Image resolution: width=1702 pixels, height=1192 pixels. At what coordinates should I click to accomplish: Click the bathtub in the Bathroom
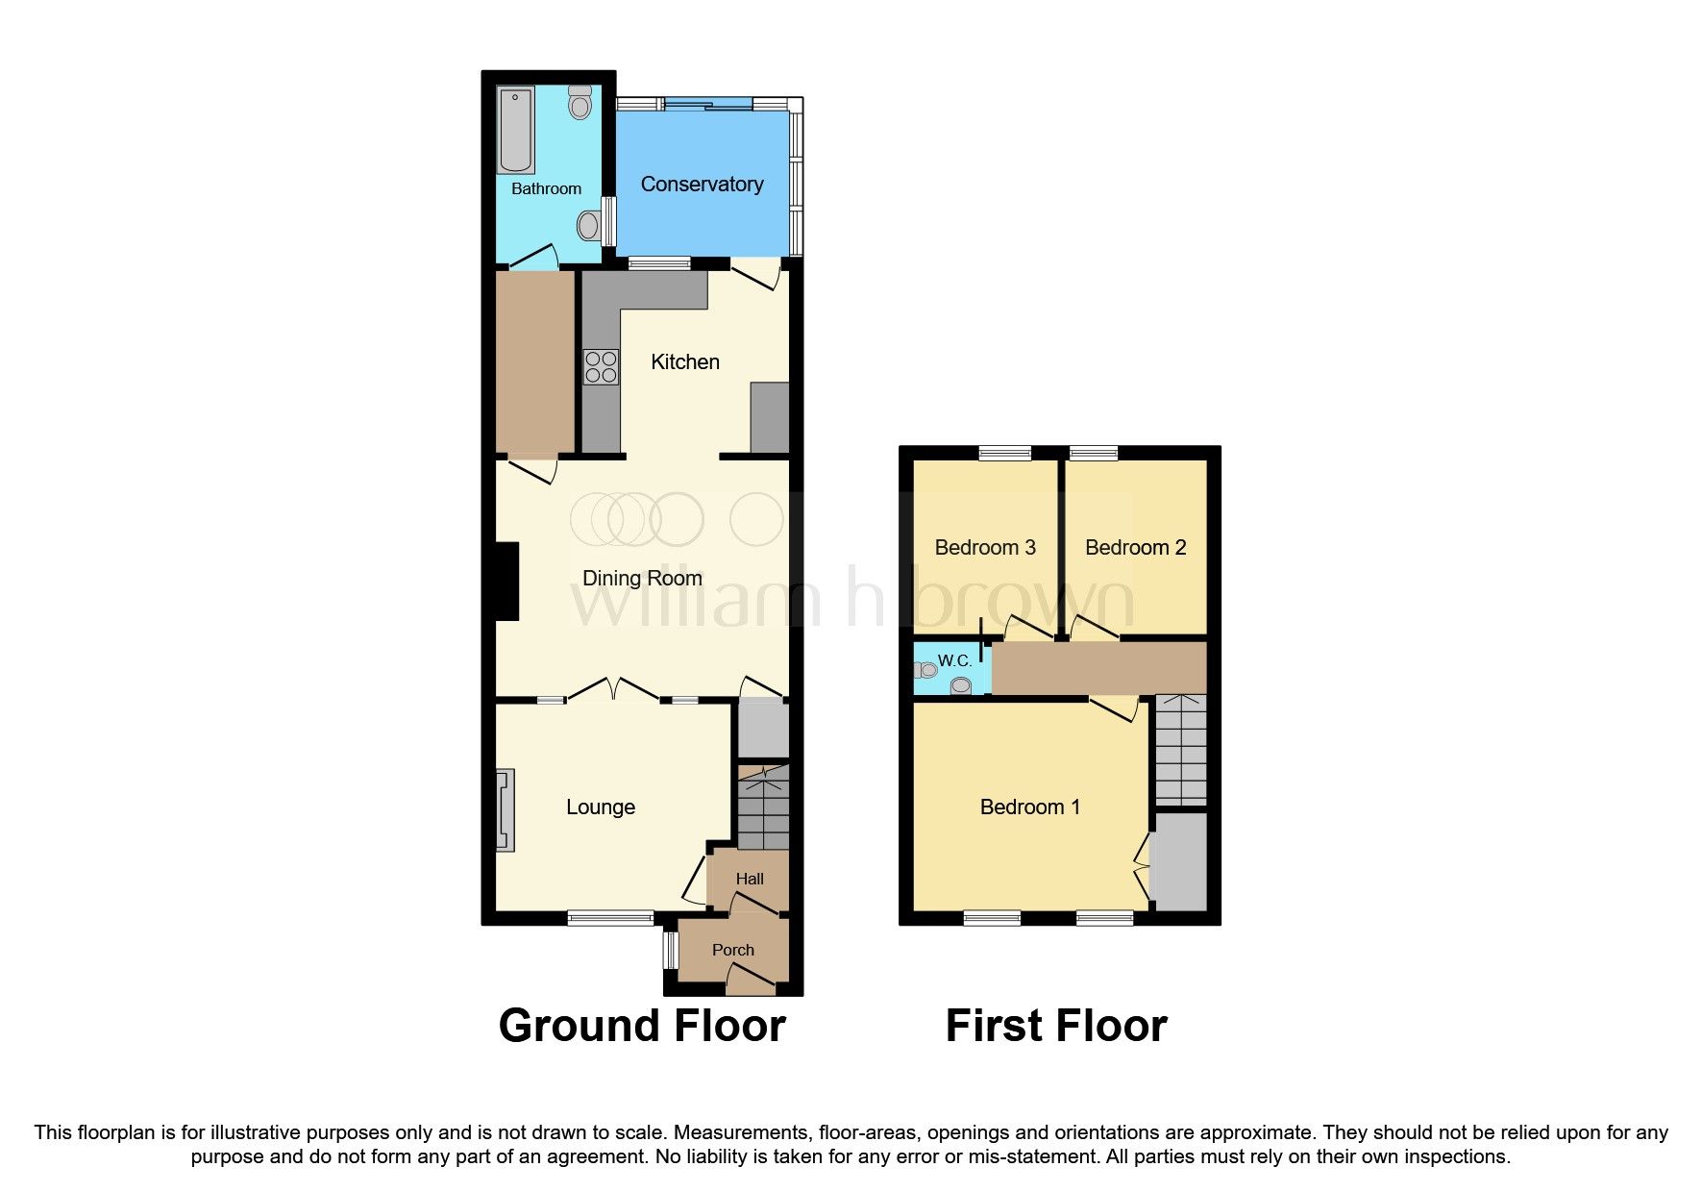(516, 130)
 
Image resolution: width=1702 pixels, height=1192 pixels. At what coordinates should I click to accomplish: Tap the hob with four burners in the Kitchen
(602, 367)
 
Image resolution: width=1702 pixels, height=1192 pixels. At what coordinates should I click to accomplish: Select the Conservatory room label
(702, 185)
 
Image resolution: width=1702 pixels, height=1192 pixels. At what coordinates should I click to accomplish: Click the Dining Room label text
(642, 579)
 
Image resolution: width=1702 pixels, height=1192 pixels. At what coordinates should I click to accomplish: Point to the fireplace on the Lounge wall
(505, 809)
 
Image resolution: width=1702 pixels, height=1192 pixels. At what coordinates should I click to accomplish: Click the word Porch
(733, 950)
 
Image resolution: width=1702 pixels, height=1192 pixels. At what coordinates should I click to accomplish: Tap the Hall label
(750, 879)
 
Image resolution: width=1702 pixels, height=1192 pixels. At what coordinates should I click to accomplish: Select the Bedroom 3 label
(985, 548)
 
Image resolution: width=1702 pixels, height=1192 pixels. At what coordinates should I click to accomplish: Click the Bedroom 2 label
(1135, 548)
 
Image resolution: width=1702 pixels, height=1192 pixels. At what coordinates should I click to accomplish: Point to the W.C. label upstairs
(954, 660)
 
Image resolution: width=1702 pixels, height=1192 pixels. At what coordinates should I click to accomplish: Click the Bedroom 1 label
(1029, 807)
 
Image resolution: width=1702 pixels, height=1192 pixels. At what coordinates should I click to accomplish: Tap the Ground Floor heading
(642, 1026)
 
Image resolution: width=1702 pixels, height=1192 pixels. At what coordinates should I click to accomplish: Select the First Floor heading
(1056, 1026)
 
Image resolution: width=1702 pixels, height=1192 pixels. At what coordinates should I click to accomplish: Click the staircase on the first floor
(1180, 750)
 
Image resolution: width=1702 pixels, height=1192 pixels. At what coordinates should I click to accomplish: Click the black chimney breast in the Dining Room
(506, 581)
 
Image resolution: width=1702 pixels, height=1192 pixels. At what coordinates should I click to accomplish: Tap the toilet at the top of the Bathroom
(580, 102)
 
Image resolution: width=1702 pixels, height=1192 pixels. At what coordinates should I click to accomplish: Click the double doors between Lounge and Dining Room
(612, 688)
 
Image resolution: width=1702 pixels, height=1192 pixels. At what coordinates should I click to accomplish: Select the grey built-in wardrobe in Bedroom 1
(1178, 861)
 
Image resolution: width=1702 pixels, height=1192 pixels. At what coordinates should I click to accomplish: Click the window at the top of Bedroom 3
(1005, 453)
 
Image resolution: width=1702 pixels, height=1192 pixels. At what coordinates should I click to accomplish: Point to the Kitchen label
(685, 362)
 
